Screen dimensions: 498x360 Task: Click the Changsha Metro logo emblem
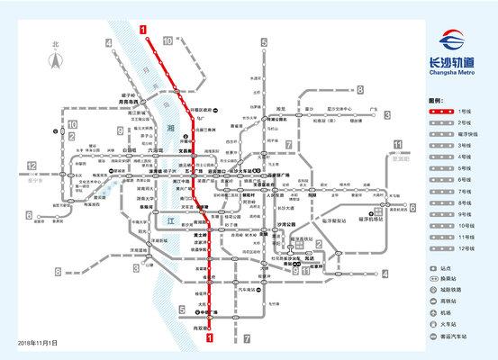tap(454, 42)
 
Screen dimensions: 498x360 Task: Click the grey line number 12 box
tap(31, 166)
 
